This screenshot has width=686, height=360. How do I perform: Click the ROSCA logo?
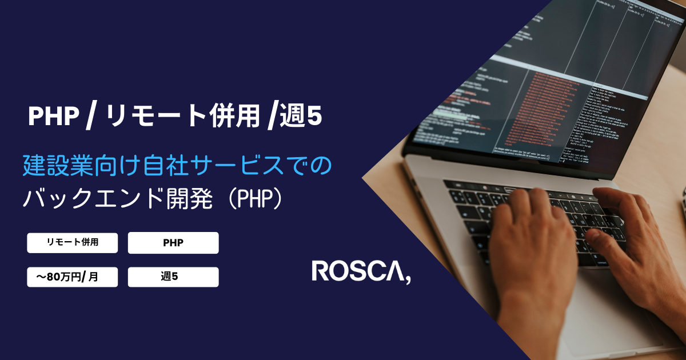pyautogui.click(x=360, y=271)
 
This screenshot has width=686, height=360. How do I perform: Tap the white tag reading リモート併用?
pyautogui.click(x=73, y=242)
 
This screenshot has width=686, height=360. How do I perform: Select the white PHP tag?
pyautogui.click(x=173, y=243)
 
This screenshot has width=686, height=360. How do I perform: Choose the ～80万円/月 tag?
pyautogui.click(x=73, y=277)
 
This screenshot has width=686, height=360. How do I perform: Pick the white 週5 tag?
pyautogui.click(x=173, y=277)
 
